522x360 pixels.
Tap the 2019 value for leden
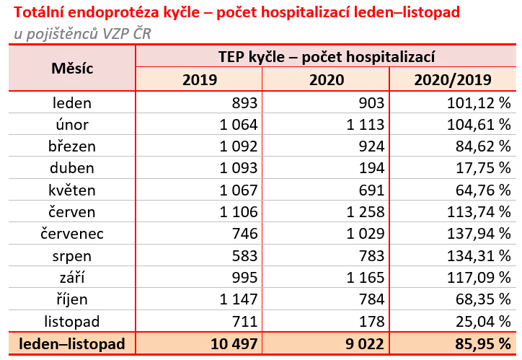242,102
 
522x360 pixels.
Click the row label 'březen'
72,146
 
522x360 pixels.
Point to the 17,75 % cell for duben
482,168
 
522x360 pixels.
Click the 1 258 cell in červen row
360,212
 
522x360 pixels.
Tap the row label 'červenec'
72,234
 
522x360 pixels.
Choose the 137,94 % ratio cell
479,234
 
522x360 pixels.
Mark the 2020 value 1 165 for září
360,278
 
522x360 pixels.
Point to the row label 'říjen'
72,299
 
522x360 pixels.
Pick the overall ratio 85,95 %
479,344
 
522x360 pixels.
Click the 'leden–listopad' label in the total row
72,344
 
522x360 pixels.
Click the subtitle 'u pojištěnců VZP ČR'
83,34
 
